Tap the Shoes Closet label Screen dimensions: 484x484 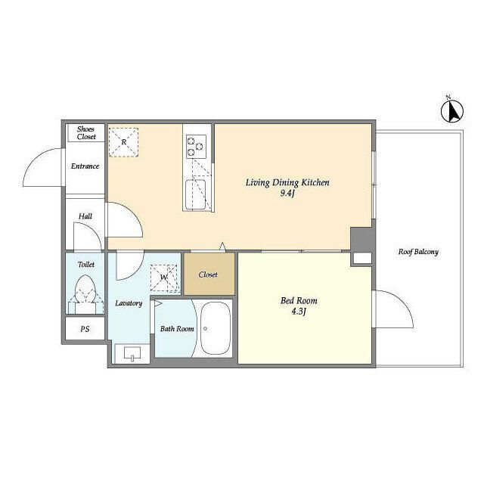86,133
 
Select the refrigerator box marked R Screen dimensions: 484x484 123,142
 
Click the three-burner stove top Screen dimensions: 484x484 196,147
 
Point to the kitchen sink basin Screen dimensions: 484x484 196,194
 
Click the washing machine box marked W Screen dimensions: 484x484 164,278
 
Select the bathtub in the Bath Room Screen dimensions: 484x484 215,328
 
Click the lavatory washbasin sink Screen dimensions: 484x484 132,353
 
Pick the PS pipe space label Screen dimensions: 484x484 85,329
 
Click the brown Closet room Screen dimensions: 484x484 209,274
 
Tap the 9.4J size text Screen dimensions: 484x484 287,194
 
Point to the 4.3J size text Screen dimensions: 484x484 299,312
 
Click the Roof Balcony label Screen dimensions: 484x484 418,252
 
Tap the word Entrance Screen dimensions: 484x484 85,166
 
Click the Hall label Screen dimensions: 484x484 85,216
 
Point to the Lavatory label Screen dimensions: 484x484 129,303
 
